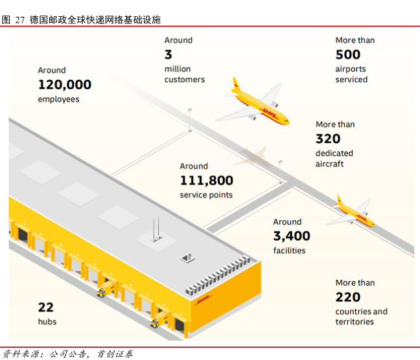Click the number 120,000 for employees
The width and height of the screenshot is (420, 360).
(x=64, y=84)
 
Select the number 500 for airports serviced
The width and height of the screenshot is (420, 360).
(x=348, y=54)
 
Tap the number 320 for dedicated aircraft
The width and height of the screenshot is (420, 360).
(x=328, y=139)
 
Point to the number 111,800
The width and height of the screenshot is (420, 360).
(x=206, y=180)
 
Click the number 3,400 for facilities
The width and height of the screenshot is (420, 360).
(x=292, y=236)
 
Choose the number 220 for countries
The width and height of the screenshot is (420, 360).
(x=348, y=297)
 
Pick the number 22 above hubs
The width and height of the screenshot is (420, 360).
(x=45, y=307)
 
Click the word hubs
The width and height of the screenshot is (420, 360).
(x=47, y=321)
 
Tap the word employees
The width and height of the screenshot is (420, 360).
(x=58, y=99)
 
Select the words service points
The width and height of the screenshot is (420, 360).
(x=205, y=195)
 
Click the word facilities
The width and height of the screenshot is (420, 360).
(x=289, y=251)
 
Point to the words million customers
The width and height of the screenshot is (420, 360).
(x=184, y=74)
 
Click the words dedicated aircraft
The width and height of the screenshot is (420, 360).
(x=334, y=159)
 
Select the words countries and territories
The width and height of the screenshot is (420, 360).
(x=361, y=317)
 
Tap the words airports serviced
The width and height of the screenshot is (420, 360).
(x=351, y=74)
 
